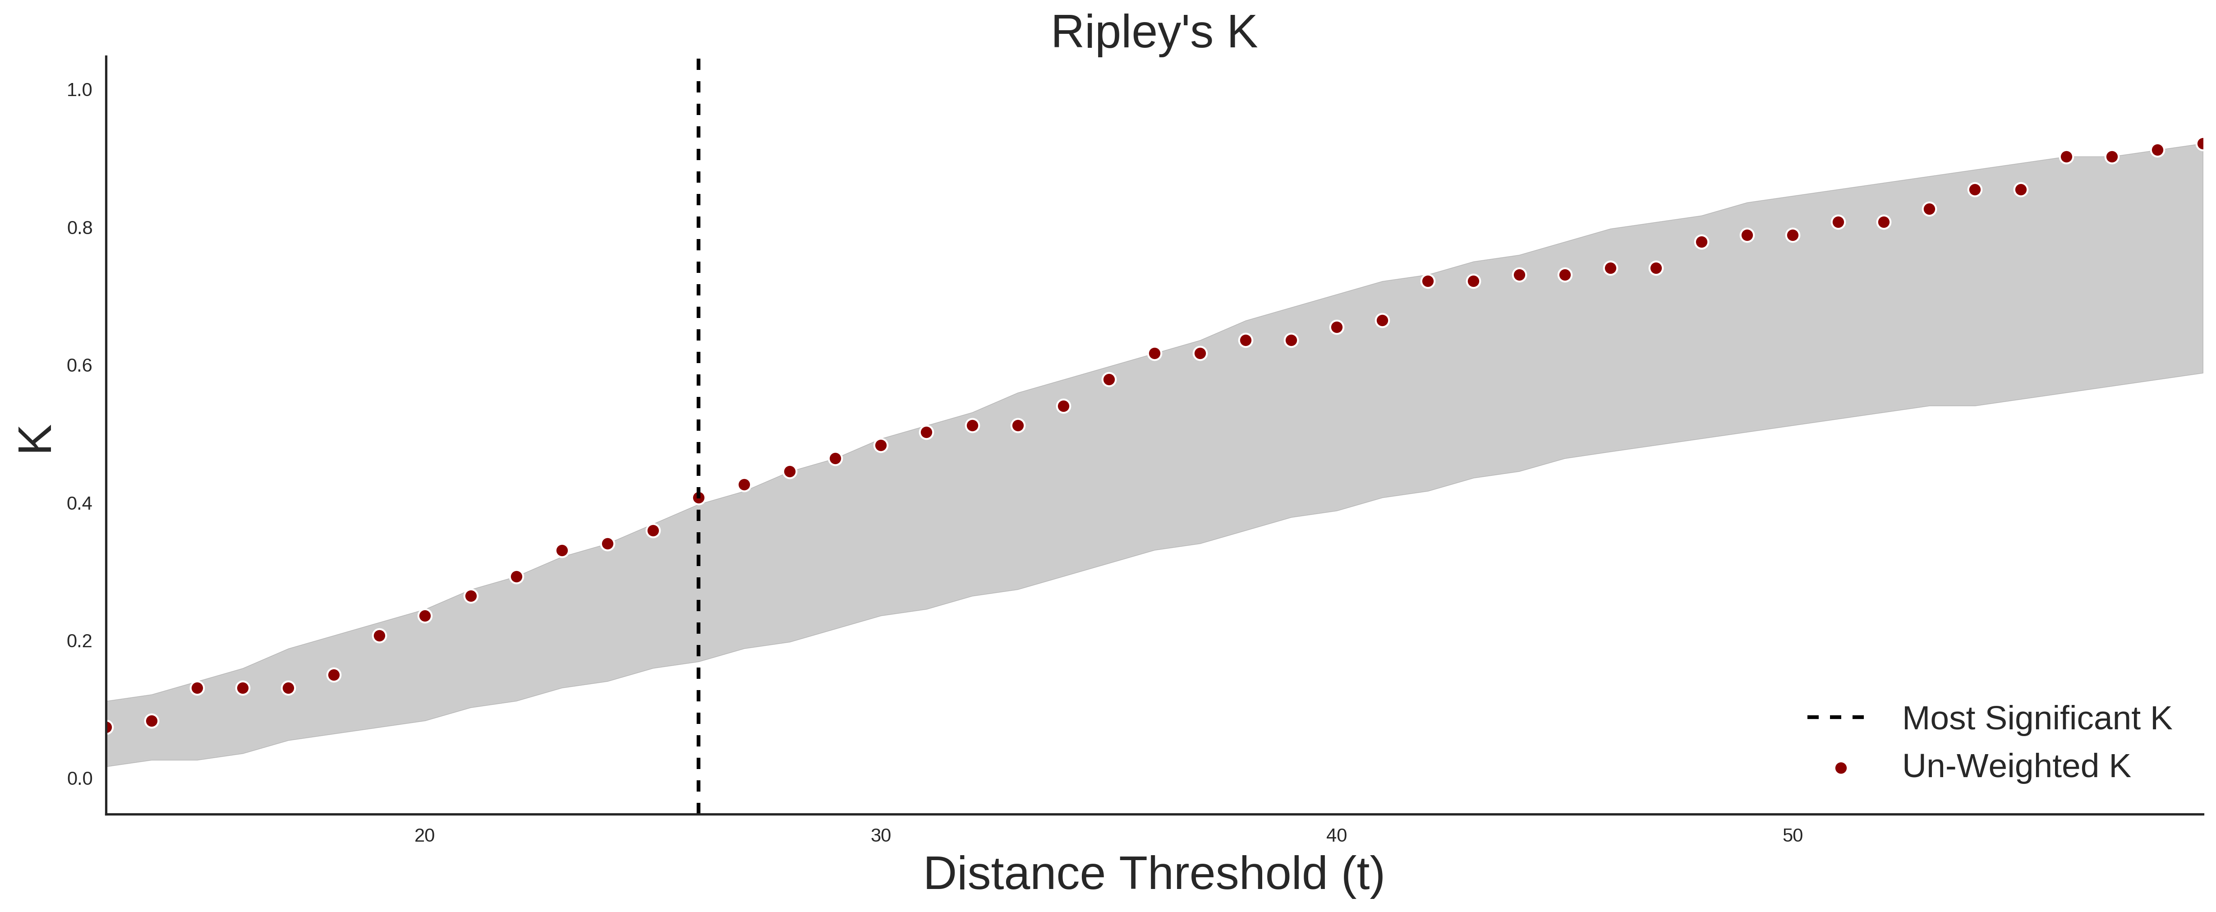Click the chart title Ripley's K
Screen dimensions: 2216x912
pos(1154,32)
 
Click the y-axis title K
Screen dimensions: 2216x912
pos(35,439)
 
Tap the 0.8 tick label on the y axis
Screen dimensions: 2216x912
pos(79,228)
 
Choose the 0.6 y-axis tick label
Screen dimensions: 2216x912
pos(79,366)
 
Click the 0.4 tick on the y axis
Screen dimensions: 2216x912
pos(79,503)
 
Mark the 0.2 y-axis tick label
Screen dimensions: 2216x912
pos(79,641)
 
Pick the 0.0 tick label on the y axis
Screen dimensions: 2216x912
pos(79,778)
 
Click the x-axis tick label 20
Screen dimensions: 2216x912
pos(424,835)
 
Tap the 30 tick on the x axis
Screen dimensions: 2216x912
pos(880,835)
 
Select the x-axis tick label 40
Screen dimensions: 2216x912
pos(1336,835)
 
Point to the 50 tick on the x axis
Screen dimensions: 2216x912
pos(1792,835)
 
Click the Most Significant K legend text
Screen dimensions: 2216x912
pos(2036,719)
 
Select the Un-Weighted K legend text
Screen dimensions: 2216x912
pos(2016,766)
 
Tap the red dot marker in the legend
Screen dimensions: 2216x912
pos(1840,768)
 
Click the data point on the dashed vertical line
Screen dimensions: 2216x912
pos(699,497)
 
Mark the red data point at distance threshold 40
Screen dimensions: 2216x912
pos(1337,327)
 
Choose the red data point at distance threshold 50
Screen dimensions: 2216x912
pos(1793,235)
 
